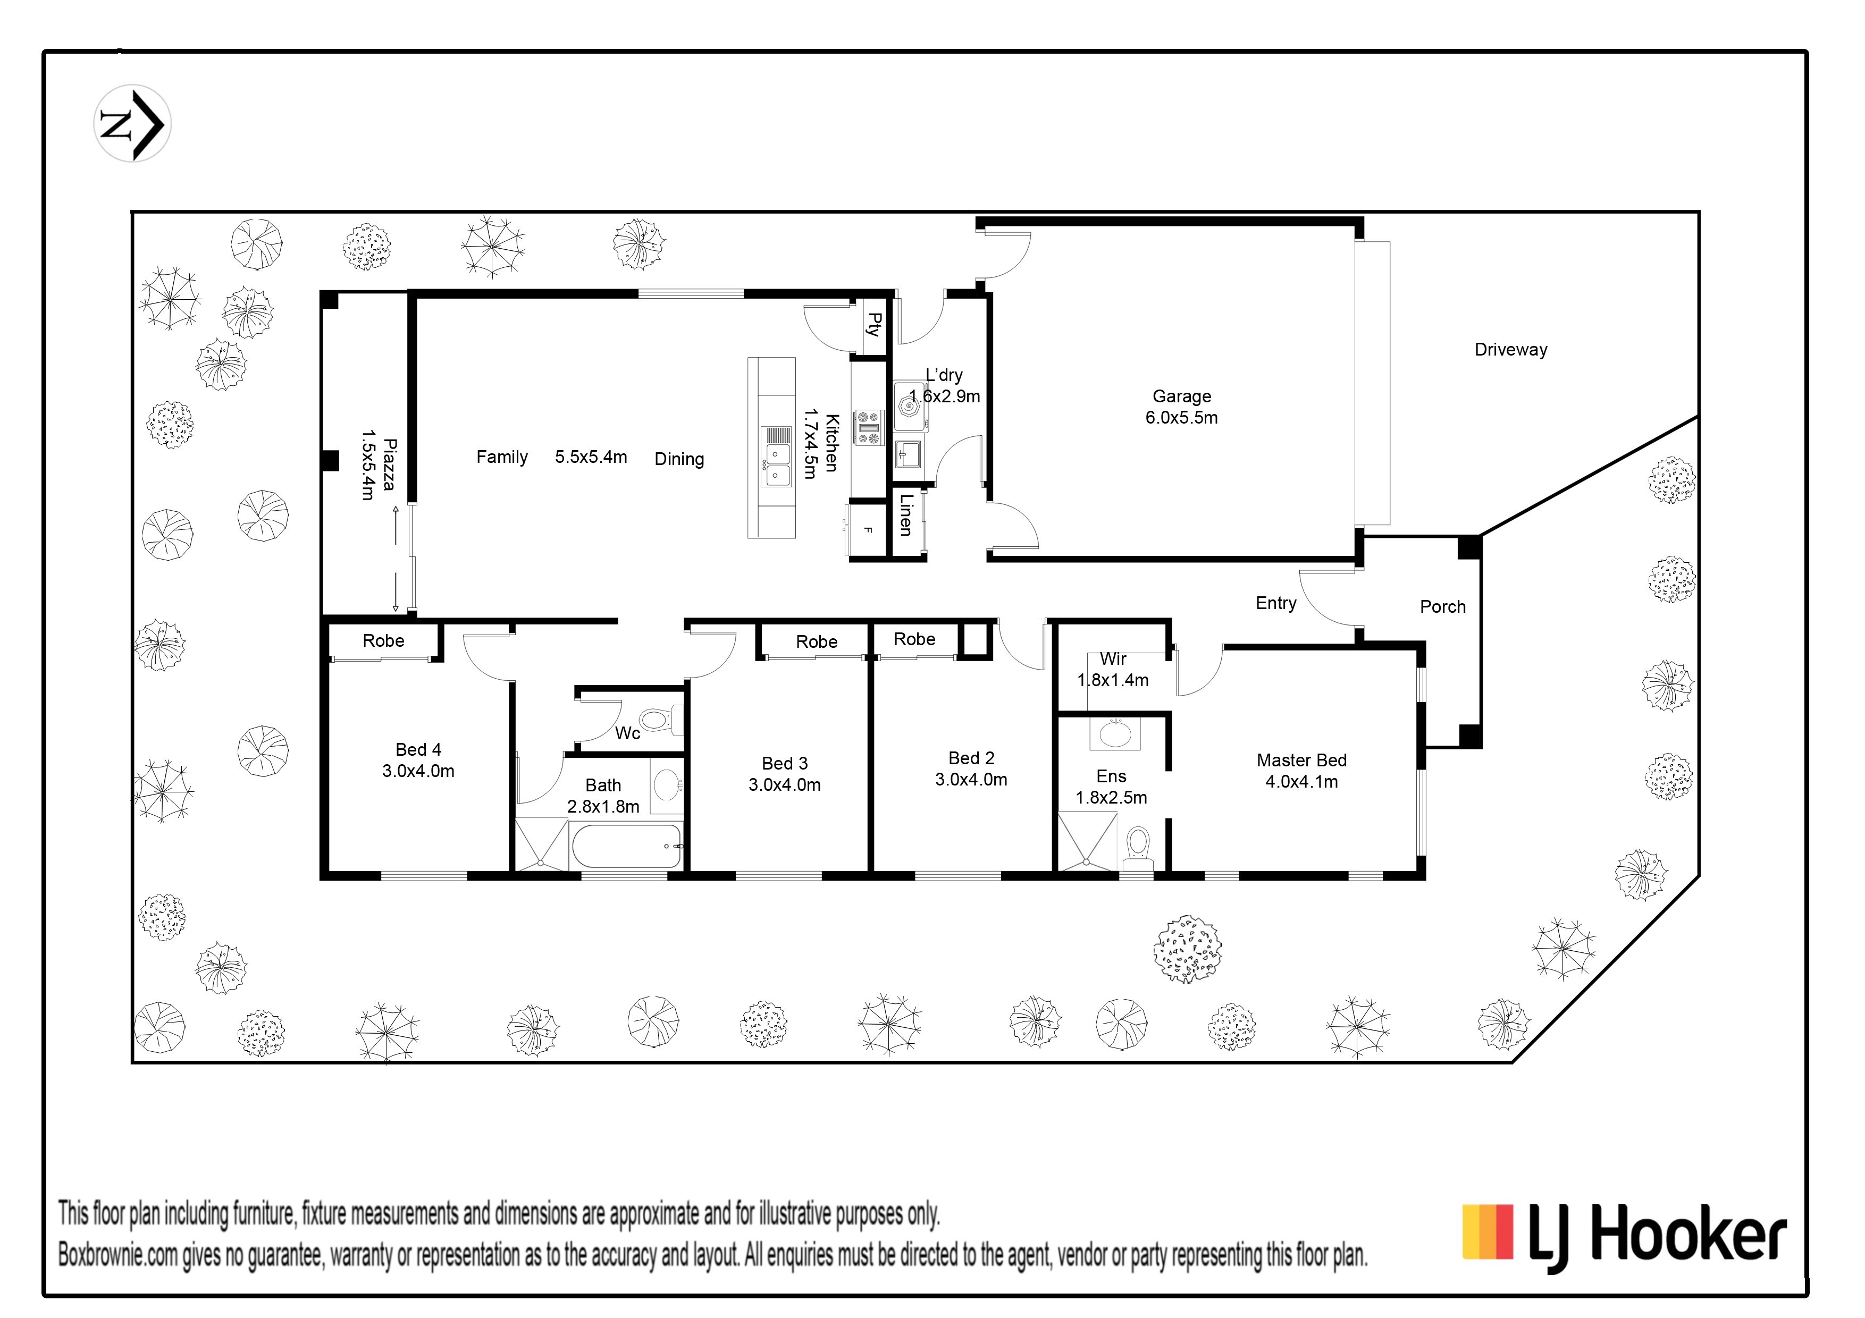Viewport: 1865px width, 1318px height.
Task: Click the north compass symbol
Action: [x=132, y=123]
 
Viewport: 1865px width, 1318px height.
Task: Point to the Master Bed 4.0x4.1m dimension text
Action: [x=1301, y=781]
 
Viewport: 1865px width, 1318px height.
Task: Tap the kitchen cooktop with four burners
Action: [x=868, y=427]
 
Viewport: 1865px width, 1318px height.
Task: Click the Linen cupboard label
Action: [x=906, y=515]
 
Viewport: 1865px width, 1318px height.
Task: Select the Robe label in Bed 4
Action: [x=383, y=641]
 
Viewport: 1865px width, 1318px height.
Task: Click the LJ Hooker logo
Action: [x=1625, y=1238]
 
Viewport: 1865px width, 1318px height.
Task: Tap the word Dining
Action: [x=679, y=460]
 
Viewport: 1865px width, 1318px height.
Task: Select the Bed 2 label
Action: [x=971, y=758]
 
